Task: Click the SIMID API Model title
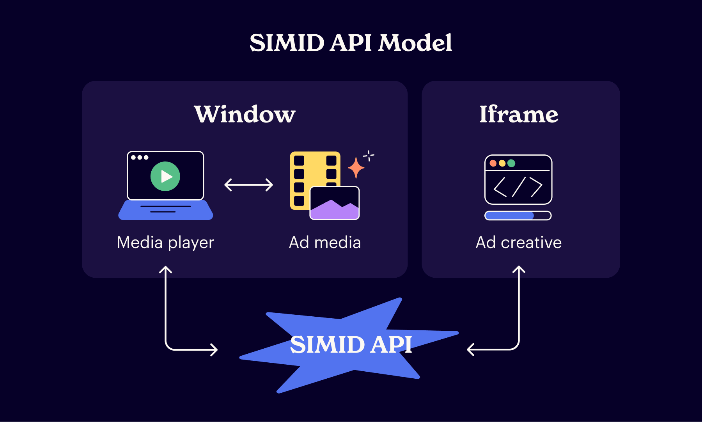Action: pyautogui.click(x=351, y=43)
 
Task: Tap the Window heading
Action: pyautogui.click(x=245, y=114)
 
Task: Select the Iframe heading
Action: pyautogui.click(x=519, y=114)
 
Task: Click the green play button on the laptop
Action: pyautogui.click(x=165, y=176)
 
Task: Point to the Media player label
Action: pyautogui.click(x=165, y=243)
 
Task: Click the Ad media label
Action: pyautogui.click(x=325, y=243)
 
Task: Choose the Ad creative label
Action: pyautogui.click(x=519, y=243)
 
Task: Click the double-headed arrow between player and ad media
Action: pyautogui.click(x=249, y=184)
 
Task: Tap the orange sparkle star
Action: pyautogui.click(x=356, y=168)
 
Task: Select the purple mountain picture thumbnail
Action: pyautogui.click(x=335, y=203)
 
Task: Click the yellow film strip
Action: pyautogui.click(x=308, y=172)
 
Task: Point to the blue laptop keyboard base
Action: pyautogui.click(x=166, y=211)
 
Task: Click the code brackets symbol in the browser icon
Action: pyautogui.click(x=518, y=187)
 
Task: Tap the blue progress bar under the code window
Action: pyautogui.click(x=509, y=216)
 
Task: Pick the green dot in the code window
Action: pyautogui.click(x=511, y=163)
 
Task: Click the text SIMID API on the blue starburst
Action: pyautogui.click(x=351, y=345)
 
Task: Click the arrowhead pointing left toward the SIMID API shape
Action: pyautogui.click(x=470, y=349)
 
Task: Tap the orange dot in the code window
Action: pyautogui.click(x=493, y=163)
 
